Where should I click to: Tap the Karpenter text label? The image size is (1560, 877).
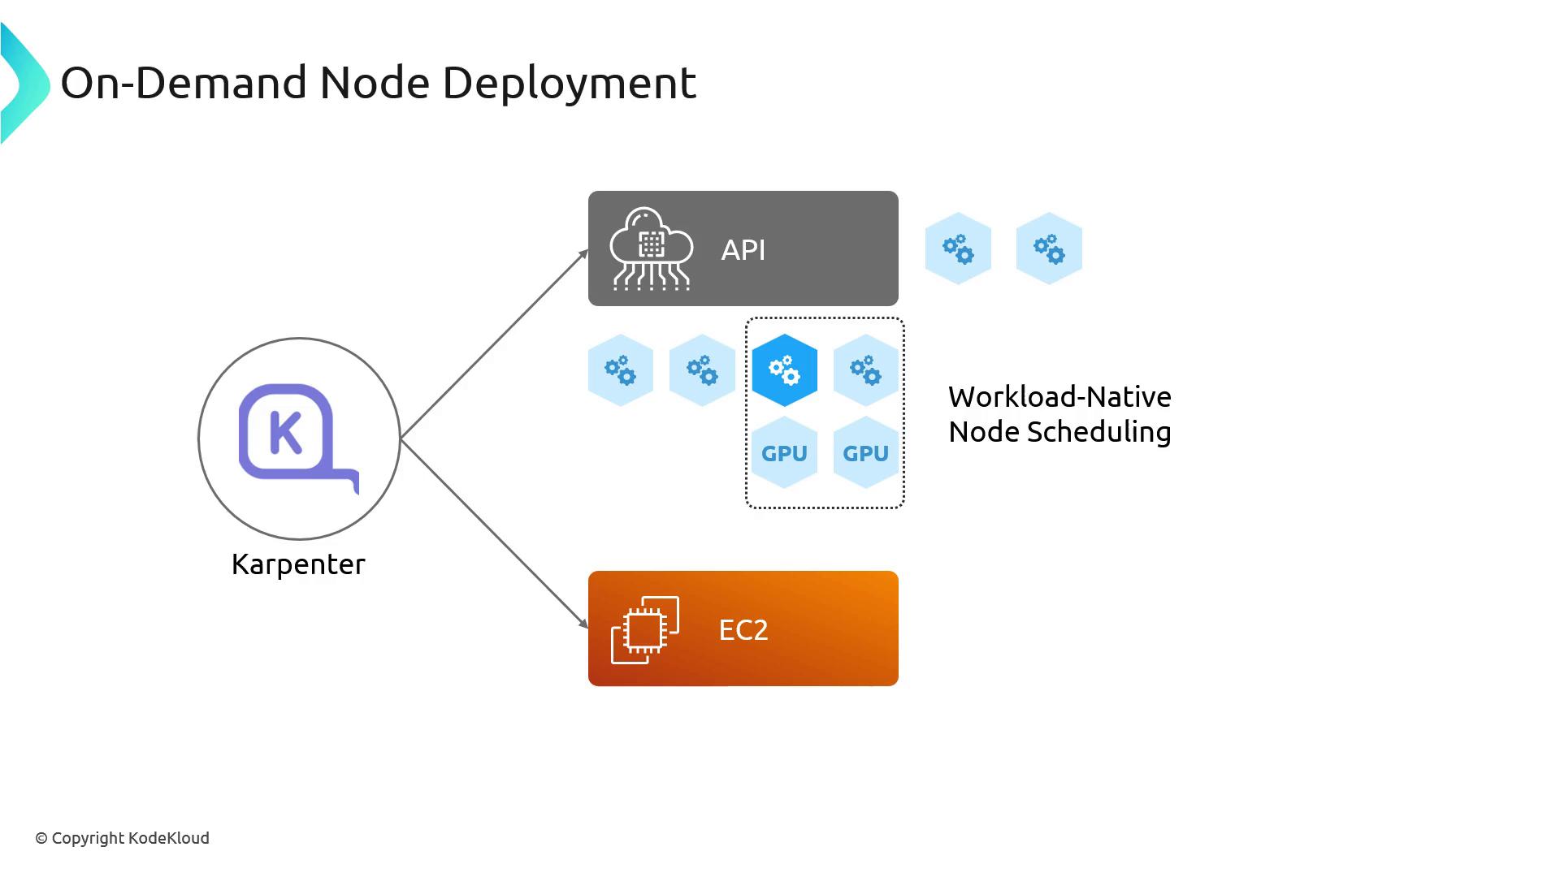(298, 564)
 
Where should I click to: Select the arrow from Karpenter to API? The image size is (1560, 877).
(494, 345)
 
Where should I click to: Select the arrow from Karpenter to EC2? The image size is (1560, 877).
(494, 533)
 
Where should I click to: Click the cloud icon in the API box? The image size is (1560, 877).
(651, 248)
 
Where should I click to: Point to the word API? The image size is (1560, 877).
(743, 250)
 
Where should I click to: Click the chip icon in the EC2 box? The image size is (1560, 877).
(645, 629)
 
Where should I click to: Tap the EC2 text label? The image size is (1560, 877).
(743, 630)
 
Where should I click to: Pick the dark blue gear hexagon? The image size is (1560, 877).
(784, 370)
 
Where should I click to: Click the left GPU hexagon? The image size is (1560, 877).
(784, 453)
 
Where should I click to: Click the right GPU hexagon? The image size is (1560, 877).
(865, 453)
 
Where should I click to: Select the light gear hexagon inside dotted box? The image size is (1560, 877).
(865, 370)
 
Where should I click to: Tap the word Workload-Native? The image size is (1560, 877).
(1059, 397)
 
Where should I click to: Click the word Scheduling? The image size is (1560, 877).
(1098, 432)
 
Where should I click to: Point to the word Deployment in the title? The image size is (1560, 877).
(569, 83)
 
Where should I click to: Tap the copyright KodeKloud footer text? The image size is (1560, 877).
(122, 838)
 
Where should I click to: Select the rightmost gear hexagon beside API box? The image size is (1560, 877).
(1049, 248)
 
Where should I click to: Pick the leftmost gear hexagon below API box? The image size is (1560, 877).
(620, 370)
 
